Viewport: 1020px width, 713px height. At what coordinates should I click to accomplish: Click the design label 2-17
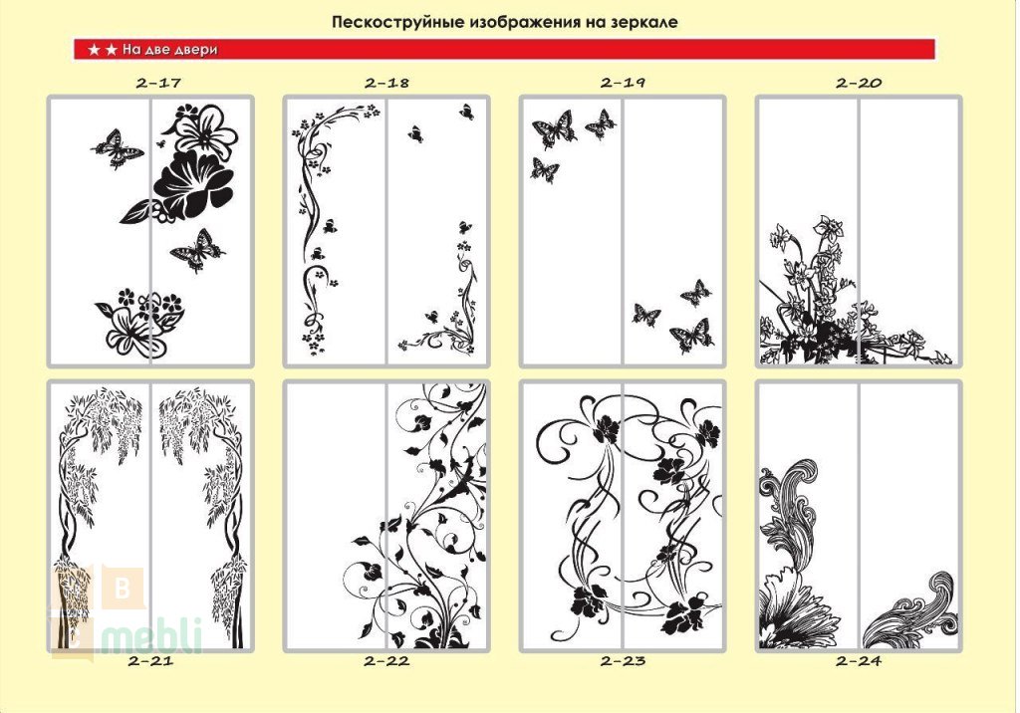click(x=158, y=83)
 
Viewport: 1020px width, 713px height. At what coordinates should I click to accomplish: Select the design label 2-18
click(x=386, y=83)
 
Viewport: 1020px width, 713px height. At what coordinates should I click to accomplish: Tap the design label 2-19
click(x=623, y=83)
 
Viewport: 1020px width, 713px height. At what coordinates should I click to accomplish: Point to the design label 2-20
click(x=859, y=83)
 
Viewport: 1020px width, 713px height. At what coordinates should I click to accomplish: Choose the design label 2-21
click(x=150, y=661)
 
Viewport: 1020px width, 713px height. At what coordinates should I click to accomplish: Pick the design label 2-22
click(x=386, y=661)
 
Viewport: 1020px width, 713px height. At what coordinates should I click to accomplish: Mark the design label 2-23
click(x=623, y=661)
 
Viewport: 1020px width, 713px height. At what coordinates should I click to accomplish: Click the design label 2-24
click(x=859, y=661)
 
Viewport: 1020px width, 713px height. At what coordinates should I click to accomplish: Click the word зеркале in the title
click(x=644, y=22)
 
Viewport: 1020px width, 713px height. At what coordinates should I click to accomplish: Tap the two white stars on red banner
click(x=103, y=50)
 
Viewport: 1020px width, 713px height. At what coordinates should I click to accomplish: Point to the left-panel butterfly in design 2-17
click(x=118, y=148)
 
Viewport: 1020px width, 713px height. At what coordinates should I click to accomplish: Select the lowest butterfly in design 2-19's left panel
click(x=544, y=170)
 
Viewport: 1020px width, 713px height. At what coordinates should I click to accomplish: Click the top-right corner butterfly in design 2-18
click(x=466, y=112)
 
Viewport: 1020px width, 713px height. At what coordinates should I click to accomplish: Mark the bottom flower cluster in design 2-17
click(x=139, y=323)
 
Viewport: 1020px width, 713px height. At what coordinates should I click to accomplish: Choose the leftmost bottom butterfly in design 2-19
click(x=645, y=315)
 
